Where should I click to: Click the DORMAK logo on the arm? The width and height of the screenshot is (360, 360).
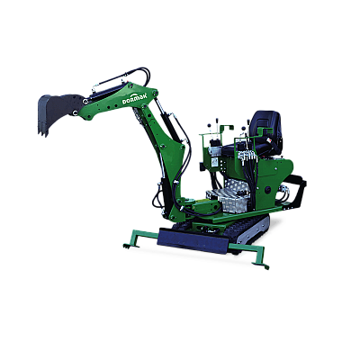click(x=134, y=98)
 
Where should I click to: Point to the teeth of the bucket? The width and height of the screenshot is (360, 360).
click(x=43, y=130)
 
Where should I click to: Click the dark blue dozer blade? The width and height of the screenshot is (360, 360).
click(x=194, y=240)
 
